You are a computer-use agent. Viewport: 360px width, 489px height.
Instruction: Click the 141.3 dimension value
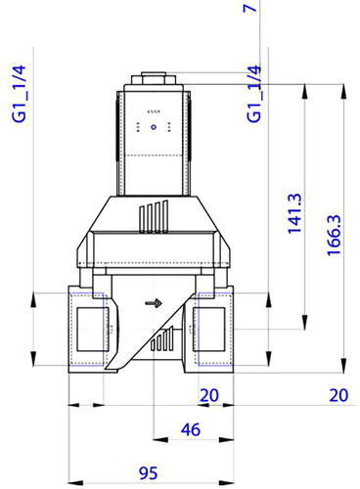click(294, 213)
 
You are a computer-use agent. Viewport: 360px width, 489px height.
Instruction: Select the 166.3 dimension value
click(334, 235)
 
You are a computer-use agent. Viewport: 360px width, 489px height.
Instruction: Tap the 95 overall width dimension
click(149, 473)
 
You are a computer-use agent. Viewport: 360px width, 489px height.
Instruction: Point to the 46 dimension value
click(191, 429)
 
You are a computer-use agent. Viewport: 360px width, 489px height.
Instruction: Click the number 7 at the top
click(250, 7)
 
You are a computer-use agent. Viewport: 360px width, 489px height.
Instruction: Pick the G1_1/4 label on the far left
click(19, 94)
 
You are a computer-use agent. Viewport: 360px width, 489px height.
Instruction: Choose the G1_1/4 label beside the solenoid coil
click(254, 94)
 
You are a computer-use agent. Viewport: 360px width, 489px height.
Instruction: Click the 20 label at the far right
click(338, 395)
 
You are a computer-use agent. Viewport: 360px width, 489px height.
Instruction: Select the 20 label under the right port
click(209, 395)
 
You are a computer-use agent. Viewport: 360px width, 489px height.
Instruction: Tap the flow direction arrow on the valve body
click(154, 303)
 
